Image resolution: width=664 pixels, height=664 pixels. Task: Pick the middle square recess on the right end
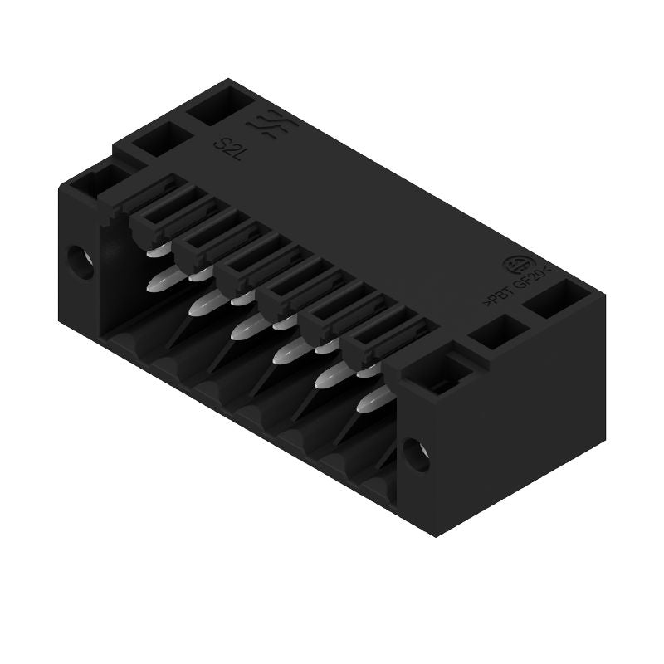[x=496, y=334]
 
